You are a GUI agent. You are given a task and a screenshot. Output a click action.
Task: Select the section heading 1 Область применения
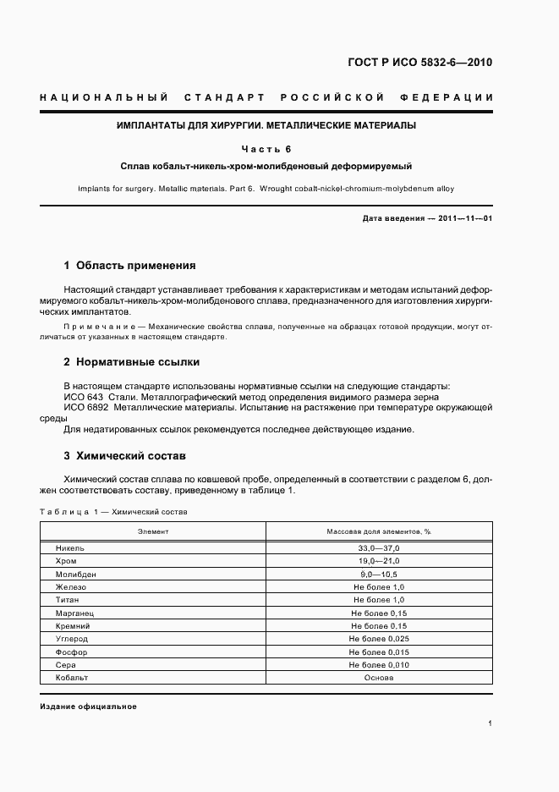click(x=129, y=265)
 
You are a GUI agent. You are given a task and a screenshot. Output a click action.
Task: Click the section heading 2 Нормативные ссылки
click(x=131, y=361)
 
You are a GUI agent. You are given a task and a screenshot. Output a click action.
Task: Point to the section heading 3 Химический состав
click(x=124, y=455)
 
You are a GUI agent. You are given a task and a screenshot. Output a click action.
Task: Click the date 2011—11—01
click(x=465, y=218)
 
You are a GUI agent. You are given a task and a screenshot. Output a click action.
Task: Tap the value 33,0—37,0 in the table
click(x=378, y=548)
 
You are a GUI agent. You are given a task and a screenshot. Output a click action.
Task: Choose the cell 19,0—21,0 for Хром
click(x=378, y=561)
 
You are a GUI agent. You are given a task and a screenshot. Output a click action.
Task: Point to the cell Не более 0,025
click(x=378, y=639)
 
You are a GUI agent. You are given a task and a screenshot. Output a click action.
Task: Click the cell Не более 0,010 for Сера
click(x=378, y=665)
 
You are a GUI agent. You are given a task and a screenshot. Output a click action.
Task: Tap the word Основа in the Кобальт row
click(x=378, y=678)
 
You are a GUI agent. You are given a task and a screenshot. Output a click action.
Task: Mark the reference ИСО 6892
click(x=84, y=408)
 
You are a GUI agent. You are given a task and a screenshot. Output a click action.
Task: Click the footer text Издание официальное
click(x=88, y=707)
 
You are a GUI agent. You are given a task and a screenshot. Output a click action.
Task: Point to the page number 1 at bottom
click(x=490, y=723)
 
